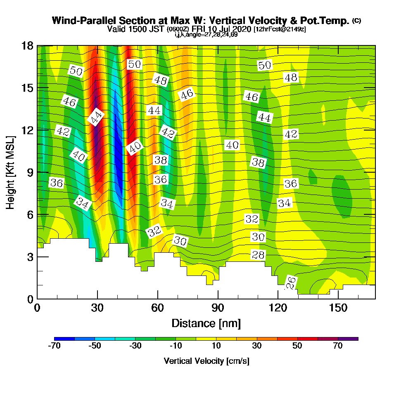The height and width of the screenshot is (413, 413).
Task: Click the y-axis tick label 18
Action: coord(27,45)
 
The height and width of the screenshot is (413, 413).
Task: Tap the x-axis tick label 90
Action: coord(218,309)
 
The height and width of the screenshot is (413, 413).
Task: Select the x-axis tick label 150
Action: coord(338,309)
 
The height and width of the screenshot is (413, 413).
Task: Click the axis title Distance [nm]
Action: coord(206,323)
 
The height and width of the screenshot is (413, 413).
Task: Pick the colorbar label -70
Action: coord(55,346)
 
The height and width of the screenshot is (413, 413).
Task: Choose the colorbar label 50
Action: coord(297,346)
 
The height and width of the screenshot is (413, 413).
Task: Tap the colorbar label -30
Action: coord(135,346)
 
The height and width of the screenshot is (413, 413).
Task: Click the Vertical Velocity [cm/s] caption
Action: coord(206,361)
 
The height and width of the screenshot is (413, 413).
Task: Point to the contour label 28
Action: coord(258,255)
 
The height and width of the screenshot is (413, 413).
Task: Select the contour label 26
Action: coord(291,283)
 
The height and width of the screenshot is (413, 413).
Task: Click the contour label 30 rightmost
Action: coord(258,237)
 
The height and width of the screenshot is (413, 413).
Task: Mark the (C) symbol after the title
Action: coord(356,20)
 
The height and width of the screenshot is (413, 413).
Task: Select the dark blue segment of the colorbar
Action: coord(64,339)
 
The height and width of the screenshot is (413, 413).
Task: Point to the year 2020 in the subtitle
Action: coord(242,29)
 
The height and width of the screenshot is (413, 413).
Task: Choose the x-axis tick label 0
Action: coord(37,309)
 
